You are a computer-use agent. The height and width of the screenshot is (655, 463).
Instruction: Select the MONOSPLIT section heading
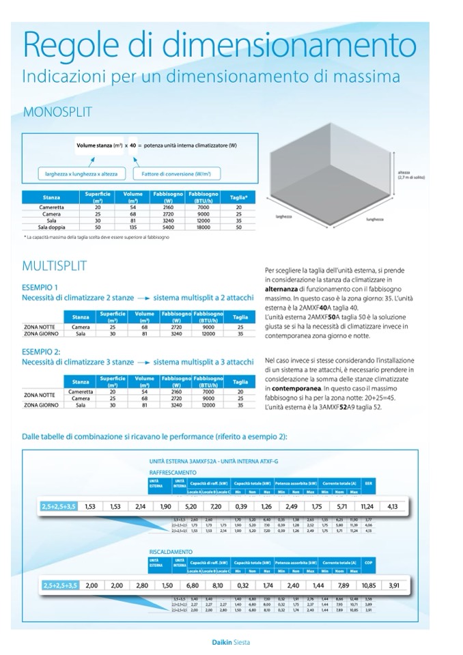point(57,112)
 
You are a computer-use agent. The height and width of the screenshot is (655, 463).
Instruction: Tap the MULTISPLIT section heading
point(55,266)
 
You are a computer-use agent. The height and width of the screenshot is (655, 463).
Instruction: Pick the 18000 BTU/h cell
point(203,227)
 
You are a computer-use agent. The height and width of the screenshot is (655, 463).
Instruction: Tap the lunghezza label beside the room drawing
point(374,220)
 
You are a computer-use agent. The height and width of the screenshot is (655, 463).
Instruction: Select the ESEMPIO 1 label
point(40,287)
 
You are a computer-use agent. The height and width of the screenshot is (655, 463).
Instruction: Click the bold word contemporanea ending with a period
point(293,388)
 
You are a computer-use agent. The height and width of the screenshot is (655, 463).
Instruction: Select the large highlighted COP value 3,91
point(394,585)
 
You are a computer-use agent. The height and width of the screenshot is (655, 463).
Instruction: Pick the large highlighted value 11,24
point(367,507)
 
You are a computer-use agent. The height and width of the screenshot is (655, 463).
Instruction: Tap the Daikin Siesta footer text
point(231,641)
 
